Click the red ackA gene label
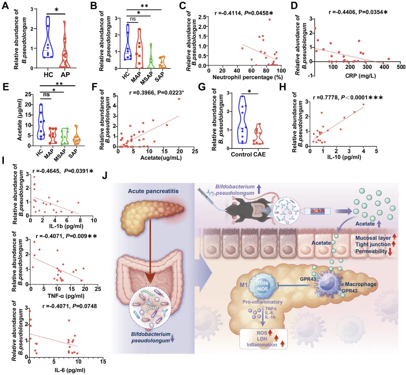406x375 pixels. pos(315,212)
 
